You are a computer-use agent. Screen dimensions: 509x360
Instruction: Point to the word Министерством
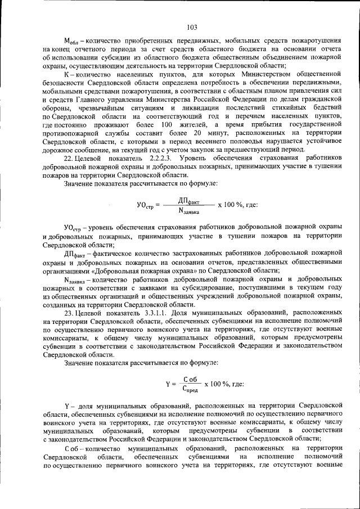[x=250, y=73]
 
